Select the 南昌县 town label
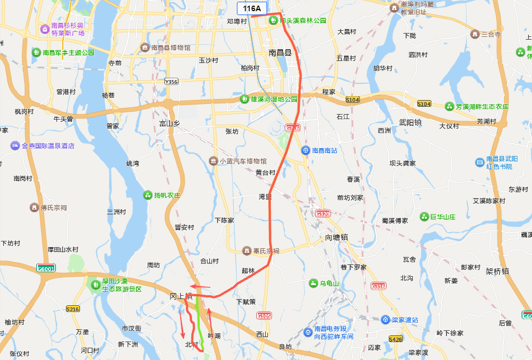point(280,53)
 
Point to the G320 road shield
point(323,214)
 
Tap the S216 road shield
point(73,309)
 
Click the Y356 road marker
point(171,82)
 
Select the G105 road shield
point(264,316)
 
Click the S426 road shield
point(396,339)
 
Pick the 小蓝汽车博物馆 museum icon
point(213,161)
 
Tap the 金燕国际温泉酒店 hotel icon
point(15,146)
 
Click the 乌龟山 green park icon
point(313,283)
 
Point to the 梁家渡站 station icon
point(385,320)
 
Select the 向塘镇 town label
point(337,238)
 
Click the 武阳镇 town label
point(410,122)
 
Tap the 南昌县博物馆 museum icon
point(145,48)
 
